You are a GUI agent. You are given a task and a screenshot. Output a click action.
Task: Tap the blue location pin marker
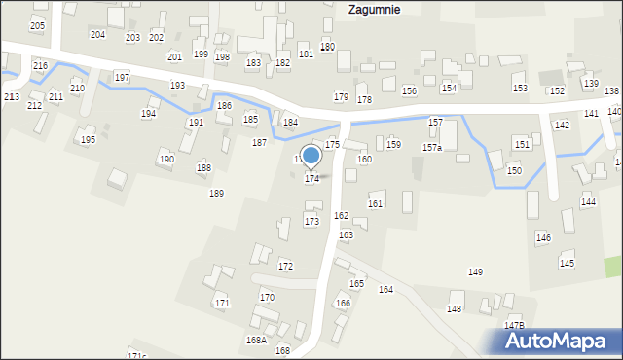[x=311, y=156]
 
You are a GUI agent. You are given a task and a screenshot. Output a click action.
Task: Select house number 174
[x=311, y=179]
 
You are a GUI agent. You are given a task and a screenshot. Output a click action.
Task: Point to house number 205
[x=37, y=25]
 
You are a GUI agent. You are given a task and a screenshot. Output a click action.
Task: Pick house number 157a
[x=431, y=148]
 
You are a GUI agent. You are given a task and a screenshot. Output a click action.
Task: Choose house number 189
[x=216, y=194]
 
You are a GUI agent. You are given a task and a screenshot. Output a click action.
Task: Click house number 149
[x=475, y=272]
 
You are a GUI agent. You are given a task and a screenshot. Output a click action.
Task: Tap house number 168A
[x=256, y=341]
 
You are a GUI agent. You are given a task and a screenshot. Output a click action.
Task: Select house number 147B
[x=514, y=325]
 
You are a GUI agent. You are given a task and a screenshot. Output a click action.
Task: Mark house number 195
[x=88, y=140]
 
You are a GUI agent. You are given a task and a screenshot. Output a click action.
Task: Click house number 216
[x=40, y=65]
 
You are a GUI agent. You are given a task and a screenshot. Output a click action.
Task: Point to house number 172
[x=285, y=266]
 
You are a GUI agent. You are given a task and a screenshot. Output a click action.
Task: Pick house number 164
[x=385, y=290]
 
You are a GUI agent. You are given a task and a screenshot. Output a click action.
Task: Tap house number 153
[x=520, y=89]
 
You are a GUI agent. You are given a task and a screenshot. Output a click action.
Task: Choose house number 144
[x=588, y=201]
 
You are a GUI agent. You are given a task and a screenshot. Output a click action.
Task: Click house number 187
[x=259, y=143]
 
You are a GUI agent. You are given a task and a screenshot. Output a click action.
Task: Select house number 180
[x=327, y=47]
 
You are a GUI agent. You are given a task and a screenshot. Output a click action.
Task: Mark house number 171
[x=222, y=304]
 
